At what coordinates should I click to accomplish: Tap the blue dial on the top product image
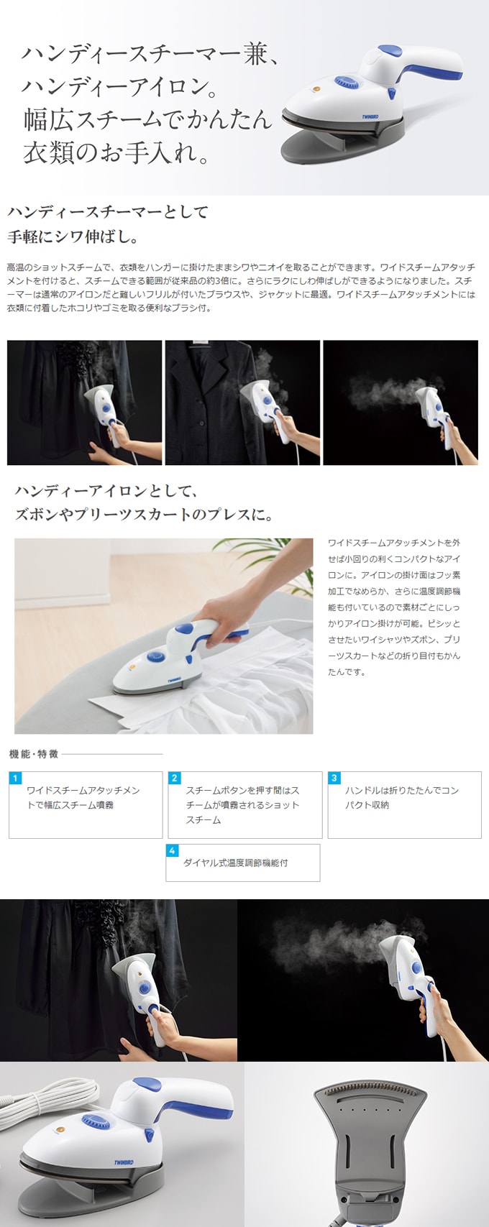click(x=347, y=83)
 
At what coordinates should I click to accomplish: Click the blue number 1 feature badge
click(x=15, y=778)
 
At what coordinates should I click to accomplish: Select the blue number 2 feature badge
click(x=174, y=778)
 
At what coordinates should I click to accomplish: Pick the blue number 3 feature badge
click(x=334, y=778)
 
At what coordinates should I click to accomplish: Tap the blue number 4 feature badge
click(x=172, y=850)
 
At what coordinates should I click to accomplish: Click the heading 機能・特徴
click(x=34, y=754)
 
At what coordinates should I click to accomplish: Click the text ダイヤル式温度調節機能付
click(x=235, y=863)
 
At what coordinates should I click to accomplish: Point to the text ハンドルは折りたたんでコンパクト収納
click(x=402, y=798)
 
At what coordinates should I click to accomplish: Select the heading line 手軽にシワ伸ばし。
click(x=73, y=236)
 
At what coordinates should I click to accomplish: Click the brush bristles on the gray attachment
click(x=371, y=1090)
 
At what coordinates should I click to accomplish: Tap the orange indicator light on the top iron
click(x=317, y=88)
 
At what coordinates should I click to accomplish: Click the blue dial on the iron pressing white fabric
click(x=156, y=656)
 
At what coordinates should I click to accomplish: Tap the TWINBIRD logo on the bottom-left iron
click(x=124, y=1162)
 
